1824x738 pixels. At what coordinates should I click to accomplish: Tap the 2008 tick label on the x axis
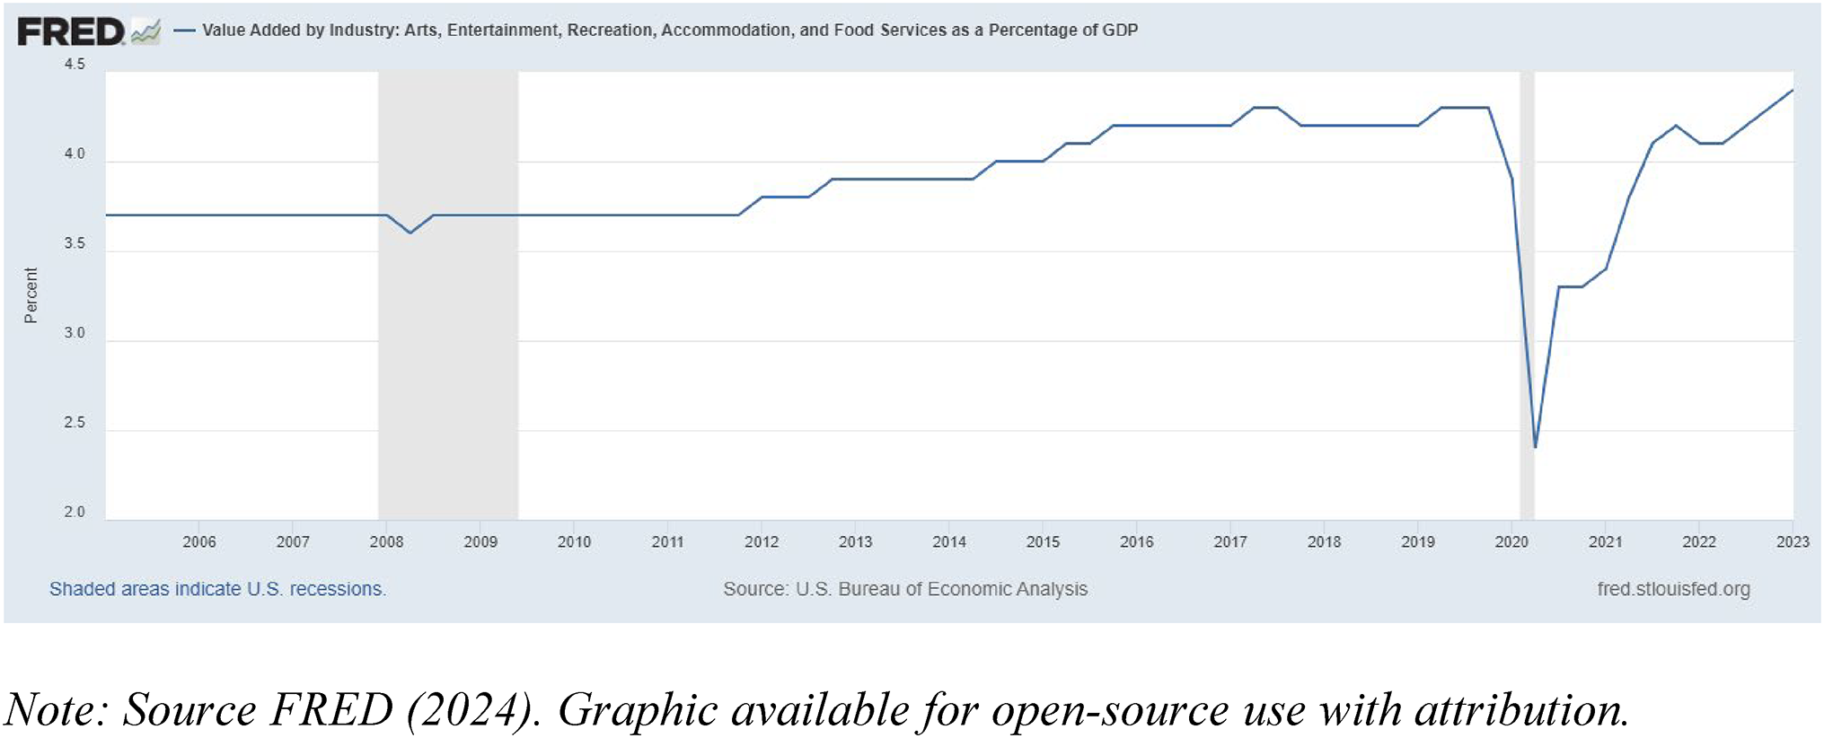point(386,542)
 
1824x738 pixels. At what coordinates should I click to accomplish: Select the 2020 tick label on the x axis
point(1511,542)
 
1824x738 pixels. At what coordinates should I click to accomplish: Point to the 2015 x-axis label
point(1043,542)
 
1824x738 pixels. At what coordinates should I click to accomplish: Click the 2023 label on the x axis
point(1793,542)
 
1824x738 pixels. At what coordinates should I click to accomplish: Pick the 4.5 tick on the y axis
point(75,65)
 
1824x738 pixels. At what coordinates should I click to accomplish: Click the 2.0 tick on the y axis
point(75,513)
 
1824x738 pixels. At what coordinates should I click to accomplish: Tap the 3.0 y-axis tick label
point(75,333)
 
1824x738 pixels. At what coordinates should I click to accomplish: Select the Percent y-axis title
point(31,295)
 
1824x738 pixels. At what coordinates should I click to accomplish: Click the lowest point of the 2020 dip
point(1536,447)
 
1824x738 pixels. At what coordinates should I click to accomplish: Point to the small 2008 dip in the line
point(410,233)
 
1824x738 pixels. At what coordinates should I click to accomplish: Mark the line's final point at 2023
point(1793,90)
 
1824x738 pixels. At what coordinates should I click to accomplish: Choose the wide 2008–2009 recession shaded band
point(448,359)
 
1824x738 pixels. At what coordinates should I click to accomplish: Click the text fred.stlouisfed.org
point(1673,590)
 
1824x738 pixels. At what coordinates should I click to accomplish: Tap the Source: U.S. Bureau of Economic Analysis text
point(905,590)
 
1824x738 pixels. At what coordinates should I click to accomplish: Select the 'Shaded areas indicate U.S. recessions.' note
point(217,590)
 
